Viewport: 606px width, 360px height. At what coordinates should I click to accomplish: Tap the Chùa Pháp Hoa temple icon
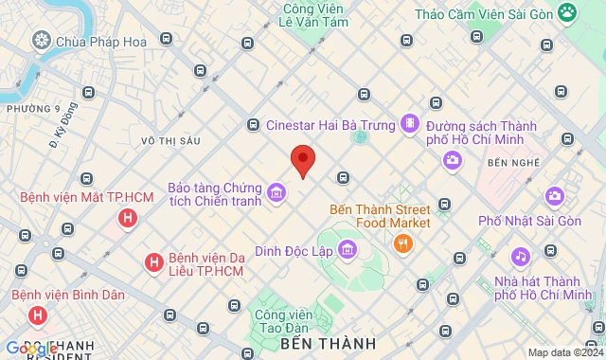click(42, 40)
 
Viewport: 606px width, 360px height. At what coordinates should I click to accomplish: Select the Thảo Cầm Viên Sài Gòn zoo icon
click(567, 12)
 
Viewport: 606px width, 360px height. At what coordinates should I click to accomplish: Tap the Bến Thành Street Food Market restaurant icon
click(404, 243)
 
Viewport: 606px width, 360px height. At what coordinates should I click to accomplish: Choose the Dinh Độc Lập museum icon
click(348, 250)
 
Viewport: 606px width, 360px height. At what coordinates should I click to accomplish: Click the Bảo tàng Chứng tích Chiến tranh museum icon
click(276, 193)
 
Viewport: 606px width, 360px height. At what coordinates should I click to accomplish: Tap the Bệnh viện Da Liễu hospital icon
click(152, 261)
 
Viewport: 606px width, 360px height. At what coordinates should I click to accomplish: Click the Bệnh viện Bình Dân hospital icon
click(37, 315)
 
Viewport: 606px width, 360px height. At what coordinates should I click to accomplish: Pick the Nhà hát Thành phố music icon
click(520, 257)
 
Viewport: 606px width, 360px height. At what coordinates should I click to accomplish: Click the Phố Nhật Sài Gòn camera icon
click(554, 197)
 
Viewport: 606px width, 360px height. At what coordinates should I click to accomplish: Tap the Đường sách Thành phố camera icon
click(453, 159)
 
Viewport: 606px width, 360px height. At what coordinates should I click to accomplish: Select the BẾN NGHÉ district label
click(511, 163)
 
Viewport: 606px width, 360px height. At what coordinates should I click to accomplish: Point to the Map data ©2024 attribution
click(564, 352)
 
